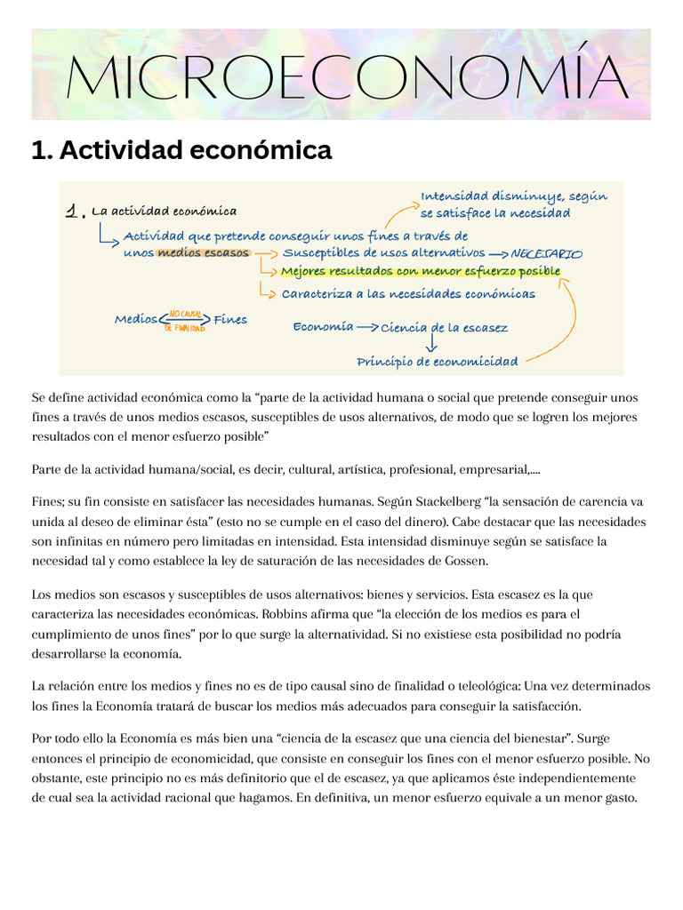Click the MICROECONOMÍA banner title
347,76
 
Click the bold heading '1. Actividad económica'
181,151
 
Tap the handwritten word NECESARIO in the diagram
547,254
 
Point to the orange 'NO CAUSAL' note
186,313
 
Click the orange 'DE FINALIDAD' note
184,328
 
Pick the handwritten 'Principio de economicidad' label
437,362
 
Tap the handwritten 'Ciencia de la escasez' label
444,328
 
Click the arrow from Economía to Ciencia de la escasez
366,327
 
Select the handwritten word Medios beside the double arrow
135,320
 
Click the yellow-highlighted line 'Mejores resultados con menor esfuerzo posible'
421,272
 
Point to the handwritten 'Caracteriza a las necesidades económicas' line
408,293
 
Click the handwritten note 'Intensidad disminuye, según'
513,196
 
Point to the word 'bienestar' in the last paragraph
541,739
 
